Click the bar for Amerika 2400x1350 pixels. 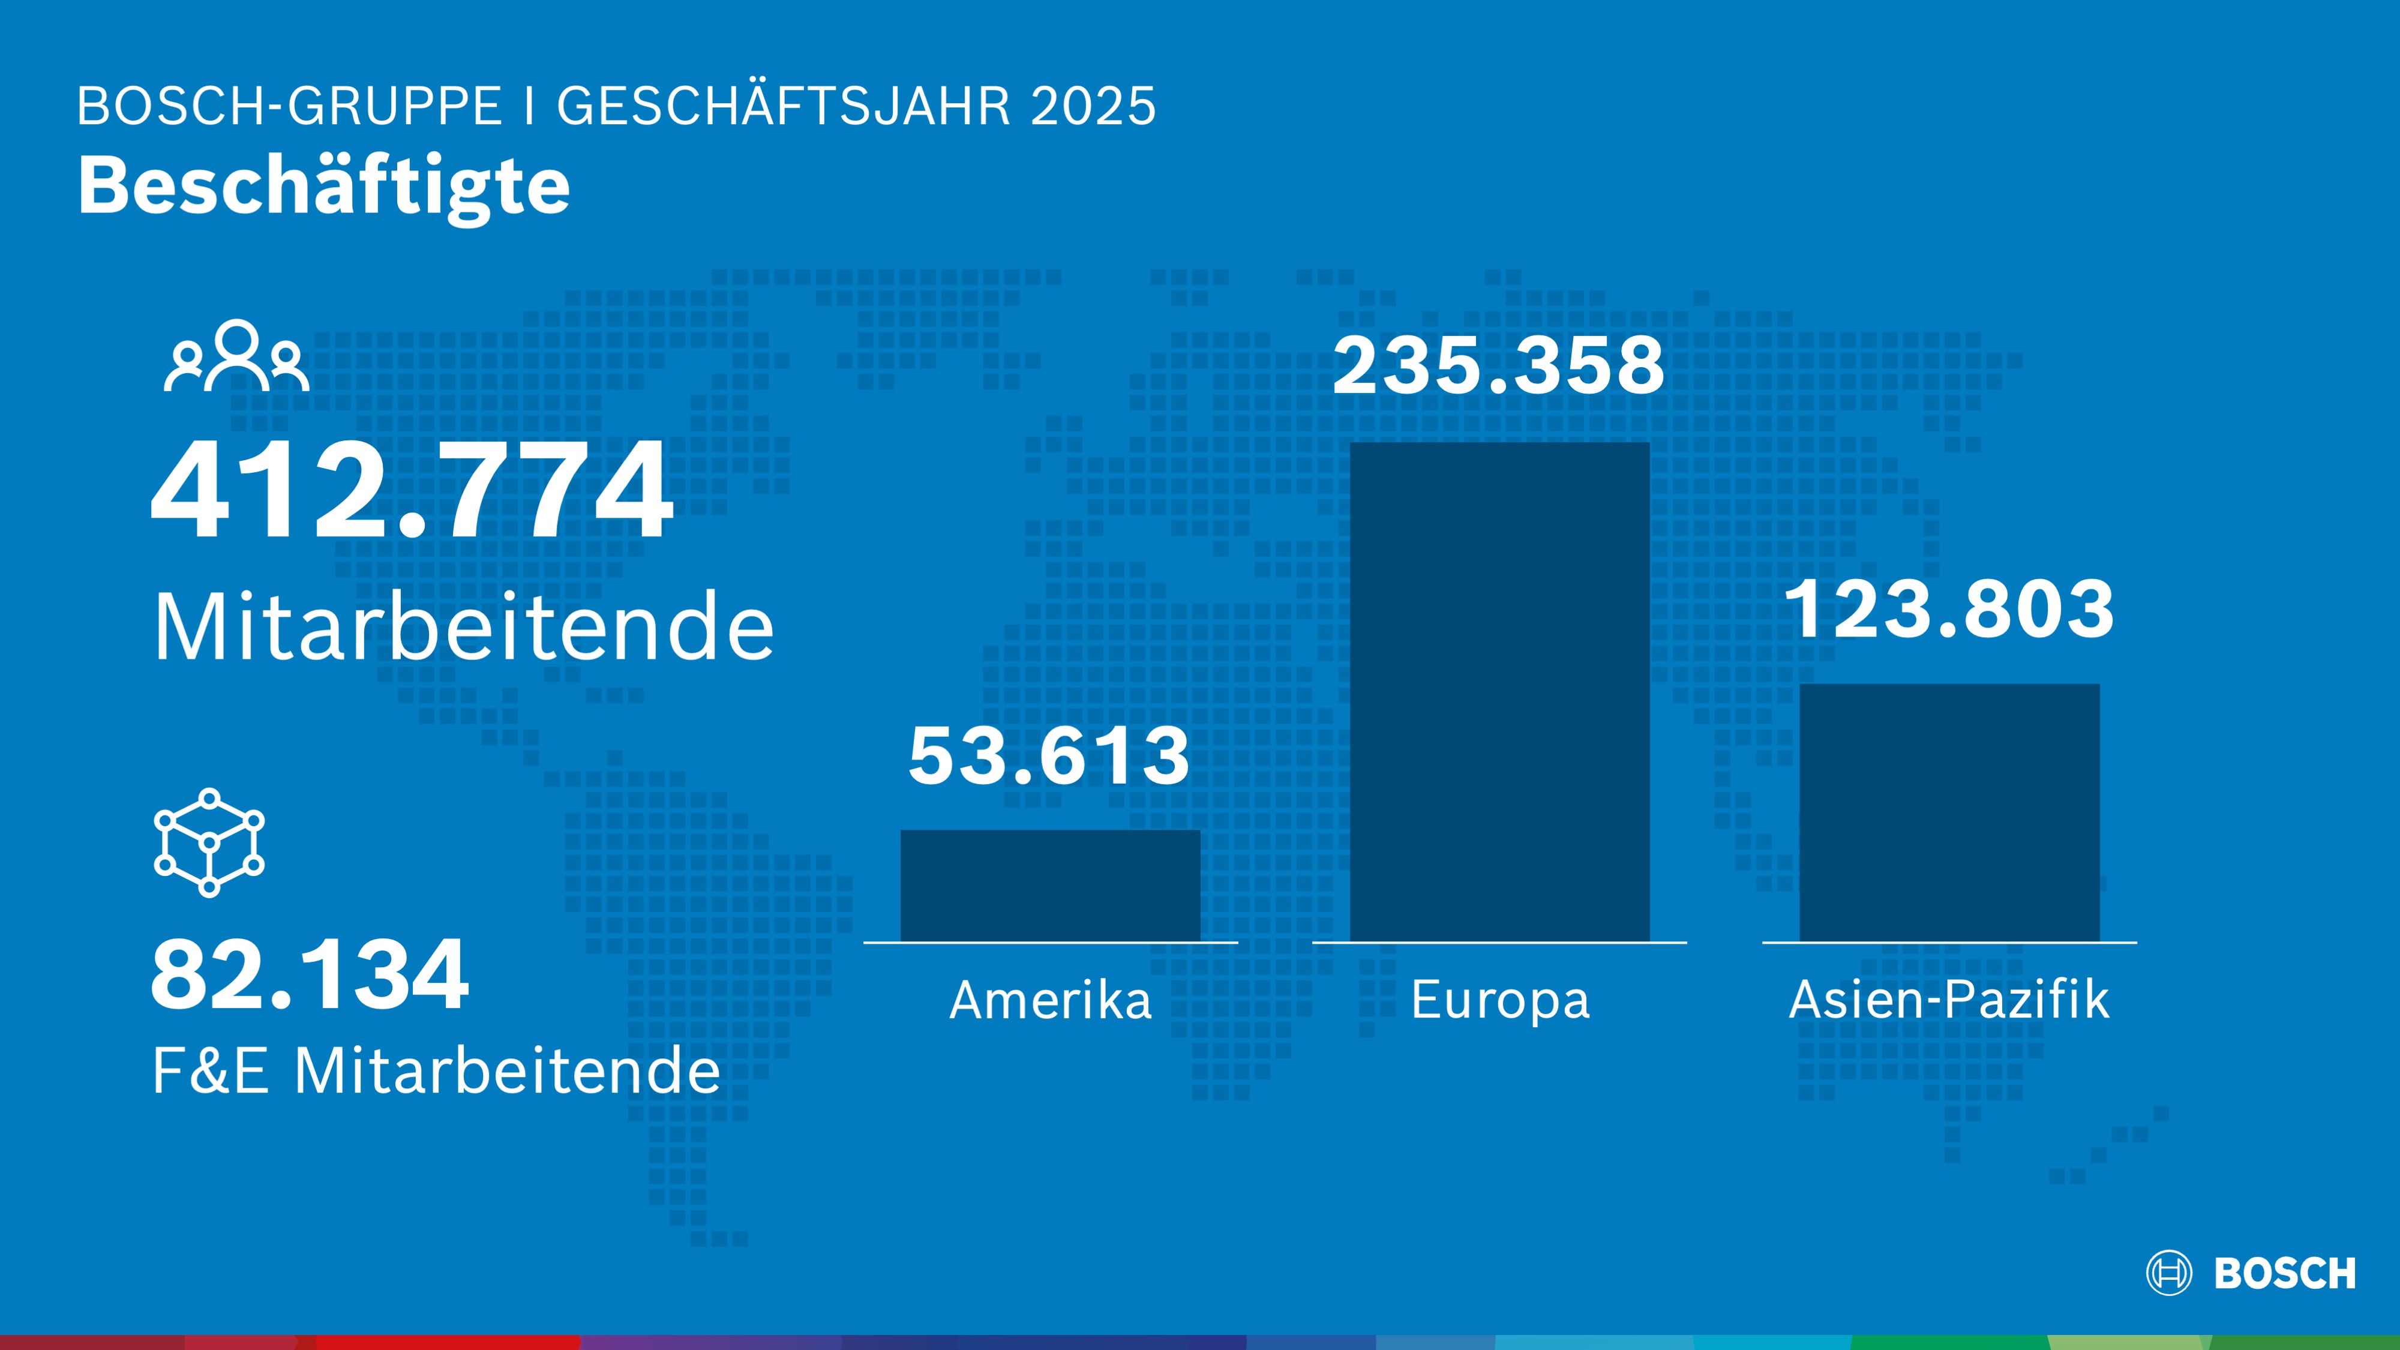(1050, 885)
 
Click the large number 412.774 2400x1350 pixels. (412, 491)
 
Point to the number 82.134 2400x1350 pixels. (310, 976)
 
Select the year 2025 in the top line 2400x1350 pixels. (1093, 106)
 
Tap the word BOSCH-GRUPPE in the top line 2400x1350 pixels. (289, 106)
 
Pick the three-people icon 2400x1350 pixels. (236, 357)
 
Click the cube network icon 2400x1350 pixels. (209, 842)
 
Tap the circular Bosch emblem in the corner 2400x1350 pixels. (2169, 1273)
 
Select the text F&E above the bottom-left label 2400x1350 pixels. (211, 1070)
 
